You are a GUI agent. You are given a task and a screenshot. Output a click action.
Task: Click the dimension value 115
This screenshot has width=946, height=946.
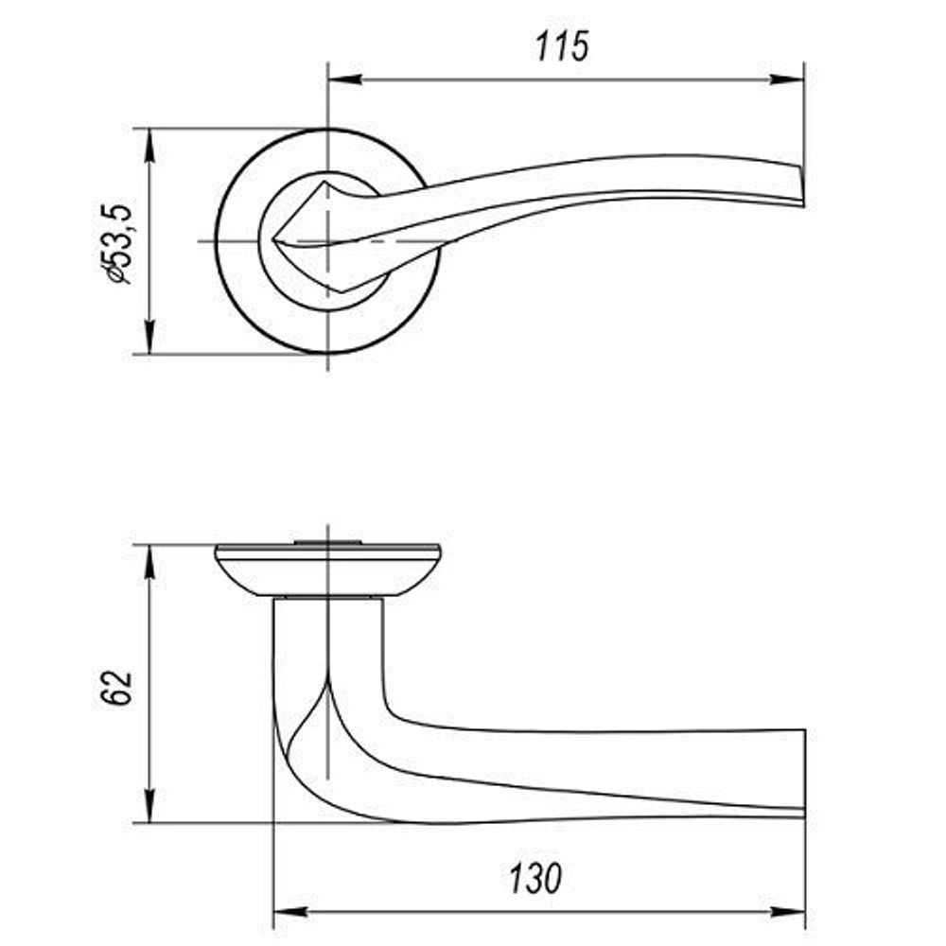pos(562,46)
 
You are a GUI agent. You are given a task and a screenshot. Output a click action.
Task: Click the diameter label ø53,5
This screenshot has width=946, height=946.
pos(114,244)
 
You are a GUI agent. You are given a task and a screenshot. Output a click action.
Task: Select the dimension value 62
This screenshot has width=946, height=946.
pos(115,687)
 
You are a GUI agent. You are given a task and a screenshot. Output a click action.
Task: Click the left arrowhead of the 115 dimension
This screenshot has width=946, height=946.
pos(345,79)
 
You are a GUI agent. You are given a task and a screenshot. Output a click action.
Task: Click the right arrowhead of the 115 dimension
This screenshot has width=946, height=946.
pos(787,79)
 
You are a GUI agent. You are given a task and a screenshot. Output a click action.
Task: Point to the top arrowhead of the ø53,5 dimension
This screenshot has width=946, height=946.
pos(149,146)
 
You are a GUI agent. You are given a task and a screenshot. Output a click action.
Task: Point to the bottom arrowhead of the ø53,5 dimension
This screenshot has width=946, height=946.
pos(149,338)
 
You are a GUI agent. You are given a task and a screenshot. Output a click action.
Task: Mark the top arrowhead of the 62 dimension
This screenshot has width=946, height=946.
pos(149,562)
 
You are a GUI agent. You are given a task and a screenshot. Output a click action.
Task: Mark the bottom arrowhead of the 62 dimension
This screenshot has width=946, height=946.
pos(149,805)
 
